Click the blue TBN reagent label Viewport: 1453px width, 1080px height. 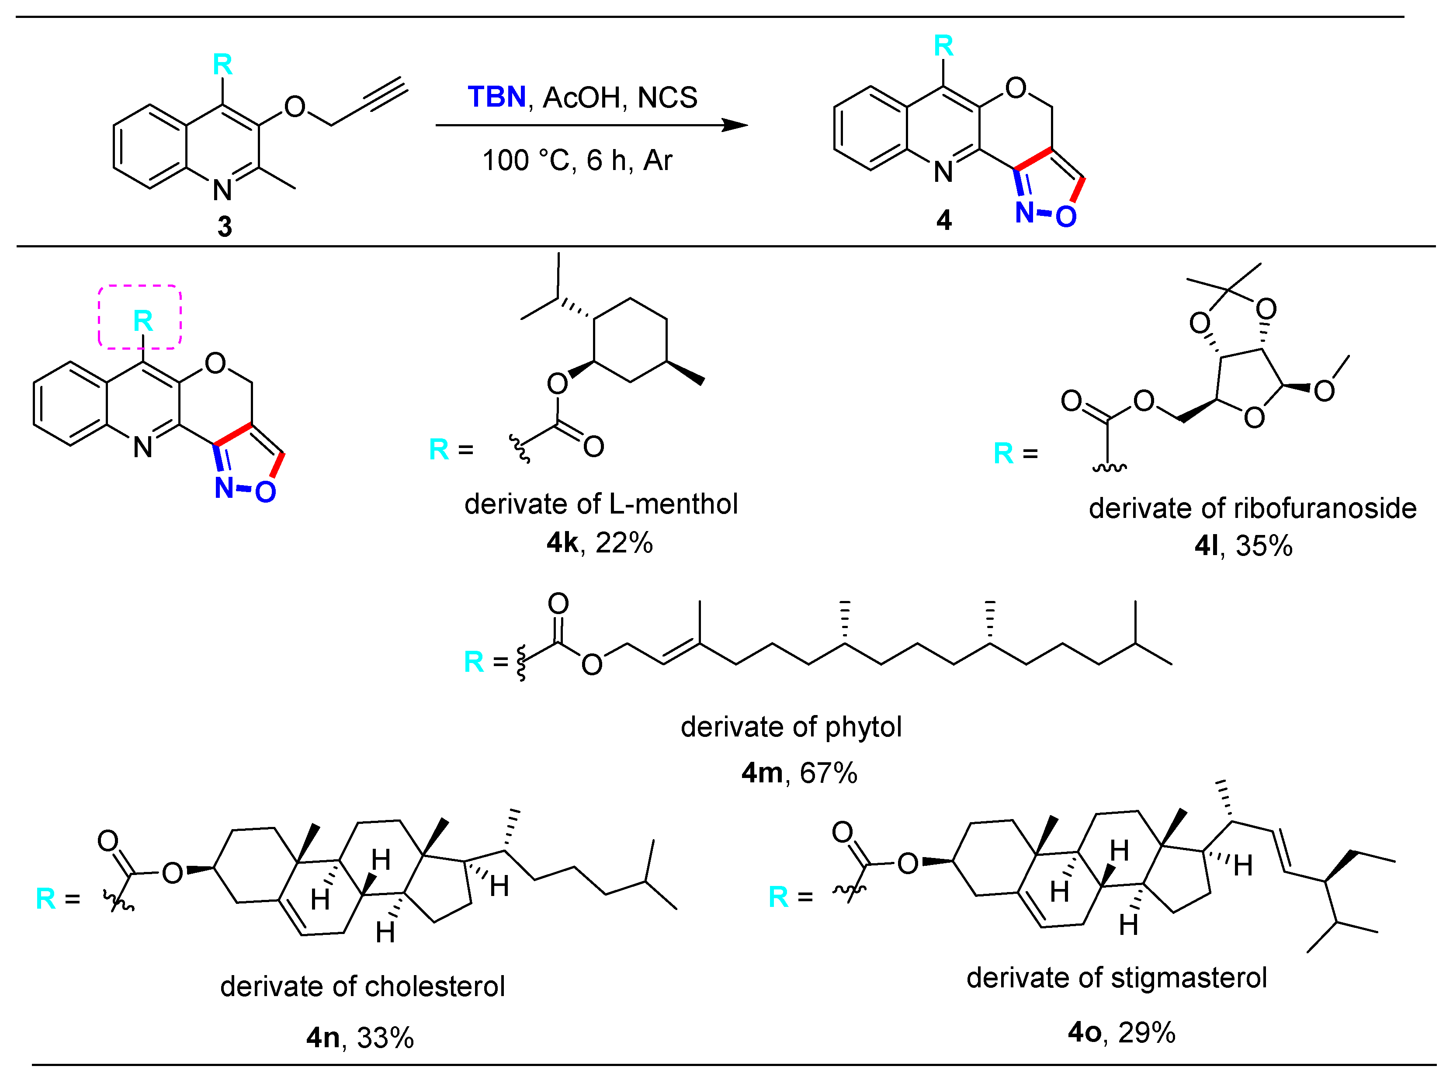[x=497, y=97]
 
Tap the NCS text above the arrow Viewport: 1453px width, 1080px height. [x=667, y=98]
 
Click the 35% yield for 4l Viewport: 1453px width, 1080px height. [x=1264, y=546]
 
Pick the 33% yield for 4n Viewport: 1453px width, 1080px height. [x=385, y=1038]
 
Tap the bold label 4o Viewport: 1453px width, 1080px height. [x=1084, y=1033]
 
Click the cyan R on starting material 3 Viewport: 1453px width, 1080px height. [x=222, y=65]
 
